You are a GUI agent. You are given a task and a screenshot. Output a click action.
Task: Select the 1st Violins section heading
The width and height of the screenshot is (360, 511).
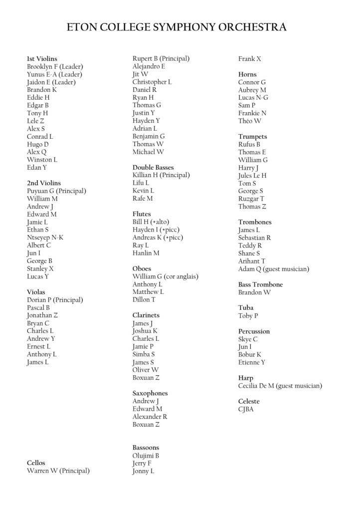42,59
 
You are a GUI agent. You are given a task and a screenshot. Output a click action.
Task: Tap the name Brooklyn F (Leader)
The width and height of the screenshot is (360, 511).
55,66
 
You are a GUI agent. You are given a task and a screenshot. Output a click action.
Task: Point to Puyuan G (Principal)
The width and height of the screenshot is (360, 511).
56,191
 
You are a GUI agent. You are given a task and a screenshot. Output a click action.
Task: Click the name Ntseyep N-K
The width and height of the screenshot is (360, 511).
45,238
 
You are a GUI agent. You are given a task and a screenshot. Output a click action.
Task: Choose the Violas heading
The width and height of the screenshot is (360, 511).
36,292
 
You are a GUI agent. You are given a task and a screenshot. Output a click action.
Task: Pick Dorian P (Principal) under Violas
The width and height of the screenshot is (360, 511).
55,300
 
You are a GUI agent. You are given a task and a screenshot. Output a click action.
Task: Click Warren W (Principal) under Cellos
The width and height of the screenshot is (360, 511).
58,471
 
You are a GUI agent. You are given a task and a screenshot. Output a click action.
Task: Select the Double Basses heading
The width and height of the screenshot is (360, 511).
153,167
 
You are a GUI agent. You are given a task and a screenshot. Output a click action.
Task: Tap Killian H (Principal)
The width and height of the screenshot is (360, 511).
161,175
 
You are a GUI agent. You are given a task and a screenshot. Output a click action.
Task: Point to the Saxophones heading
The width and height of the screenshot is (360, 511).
150,393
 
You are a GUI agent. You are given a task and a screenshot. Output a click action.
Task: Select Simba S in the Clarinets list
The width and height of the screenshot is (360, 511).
144,354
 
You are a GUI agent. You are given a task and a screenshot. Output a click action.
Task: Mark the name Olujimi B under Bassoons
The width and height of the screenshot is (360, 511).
146,456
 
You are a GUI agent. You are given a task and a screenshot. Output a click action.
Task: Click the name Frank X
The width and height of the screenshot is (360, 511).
249,59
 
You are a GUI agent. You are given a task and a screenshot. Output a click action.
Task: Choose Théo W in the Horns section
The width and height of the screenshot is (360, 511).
249,121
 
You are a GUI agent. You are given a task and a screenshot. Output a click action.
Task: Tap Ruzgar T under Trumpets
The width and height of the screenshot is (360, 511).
251,199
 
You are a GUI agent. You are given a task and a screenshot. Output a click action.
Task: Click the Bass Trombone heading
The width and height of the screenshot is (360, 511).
260,284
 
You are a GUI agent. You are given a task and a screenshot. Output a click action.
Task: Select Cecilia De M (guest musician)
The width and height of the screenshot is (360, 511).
280,386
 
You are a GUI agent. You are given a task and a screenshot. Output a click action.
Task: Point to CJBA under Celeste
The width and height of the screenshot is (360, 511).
246,409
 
